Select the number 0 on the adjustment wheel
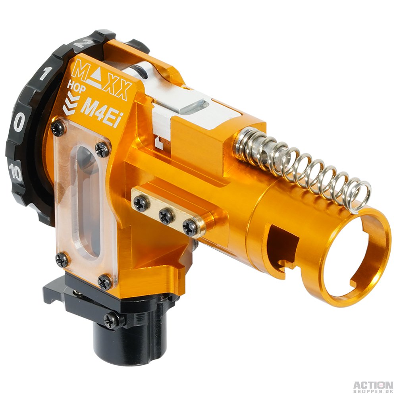pos(19,121)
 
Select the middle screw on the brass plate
pos(166,216)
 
